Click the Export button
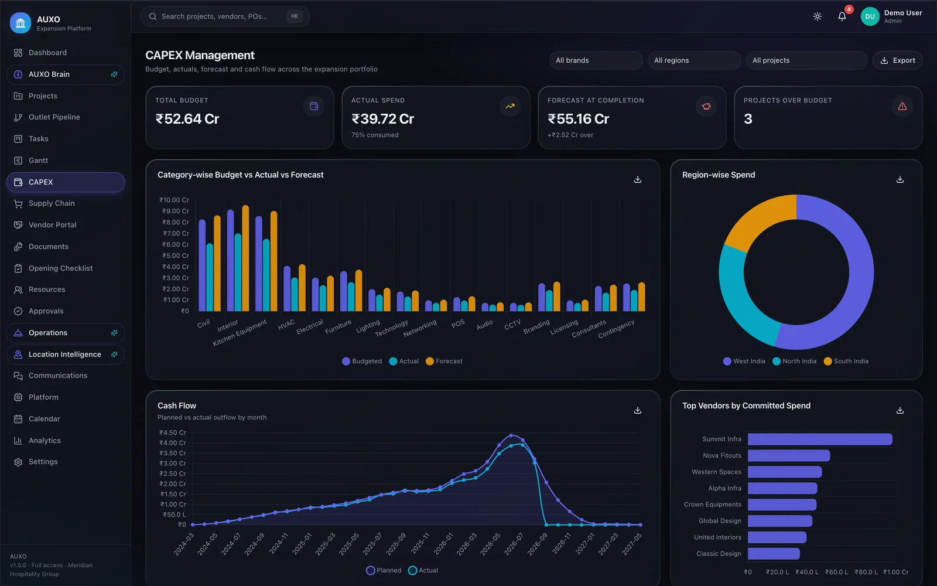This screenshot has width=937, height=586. [x=898, y=60]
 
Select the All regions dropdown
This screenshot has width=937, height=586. [x=694, y=60]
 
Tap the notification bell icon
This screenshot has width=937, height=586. [x=842, y=16]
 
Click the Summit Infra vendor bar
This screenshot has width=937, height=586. [x=820, y=439]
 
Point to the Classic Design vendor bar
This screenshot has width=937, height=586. [x=774, y=554]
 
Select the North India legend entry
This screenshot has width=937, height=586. [x=794, y=361]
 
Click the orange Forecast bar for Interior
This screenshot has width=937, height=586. [x=245, y=258]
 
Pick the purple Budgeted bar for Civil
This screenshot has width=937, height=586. [x=202, y=265]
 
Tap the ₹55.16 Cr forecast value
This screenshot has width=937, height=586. [x=579, y=119]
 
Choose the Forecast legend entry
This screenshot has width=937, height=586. [x=444, y=361]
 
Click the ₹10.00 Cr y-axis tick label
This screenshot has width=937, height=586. [x=174, y=200]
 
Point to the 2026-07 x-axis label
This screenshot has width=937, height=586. [x=513, y=544]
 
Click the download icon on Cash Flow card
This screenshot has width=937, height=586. [x=638, y=410]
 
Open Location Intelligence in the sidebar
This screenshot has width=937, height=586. [x=65, y=355]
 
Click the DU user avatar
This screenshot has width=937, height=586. [x=870, y=16]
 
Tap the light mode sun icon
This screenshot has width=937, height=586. [x=818, y=16]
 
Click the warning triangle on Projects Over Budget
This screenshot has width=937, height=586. [x=902, y=106]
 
